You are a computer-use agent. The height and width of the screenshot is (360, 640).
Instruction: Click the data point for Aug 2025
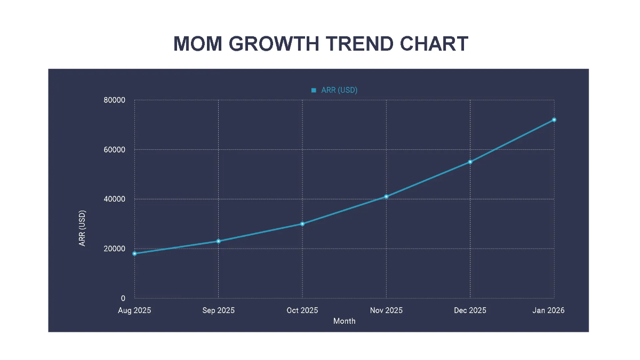click(134, 253)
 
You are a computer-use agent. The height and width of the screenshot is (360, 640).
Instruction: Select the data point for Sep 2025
click(218, 241)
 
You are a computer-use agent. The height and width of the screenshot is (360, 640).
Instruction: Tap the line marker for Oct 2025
click(302, 224)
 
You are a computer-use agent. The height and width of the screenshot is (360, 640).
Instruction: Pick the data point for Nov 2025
click(386, 197)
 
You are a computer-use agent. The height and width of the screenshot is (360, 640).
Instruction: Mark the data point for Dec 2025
click(470, 162)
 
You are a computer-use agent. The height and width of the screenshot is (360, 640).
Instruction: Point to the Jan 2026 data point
click(554, 119)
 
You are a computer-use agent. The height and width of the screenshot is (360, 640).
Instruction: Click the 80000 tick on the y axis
click(114, 100)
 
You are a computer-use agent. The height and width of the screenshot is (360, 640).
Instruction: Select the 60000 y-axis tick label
click(114, 150)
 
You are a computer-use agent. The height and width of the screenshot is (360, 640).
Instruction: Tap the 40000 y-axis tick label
click(114, 199)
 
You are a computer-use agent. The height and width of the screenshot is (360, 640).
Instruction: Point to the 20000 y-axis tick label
click(114, 249)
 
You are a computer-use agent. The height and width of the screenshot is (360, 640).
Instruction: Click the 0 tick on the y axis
click(123, 299)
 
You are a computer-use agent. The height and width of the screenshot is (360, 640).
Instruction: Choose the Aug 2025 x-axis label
click(134, 310)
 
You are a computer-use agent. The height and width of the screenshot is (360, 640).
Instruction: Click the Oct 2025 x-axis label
click(302, 310)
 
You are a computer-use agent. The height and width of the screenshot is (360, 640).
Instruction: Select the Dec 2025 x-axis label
click(470, 310)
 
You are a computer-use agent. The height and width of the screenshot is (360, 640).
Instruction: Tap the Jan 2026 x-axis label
click(548, 310)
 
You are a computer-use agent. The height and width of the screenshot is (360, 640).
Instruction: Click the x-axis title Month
click(344, 321)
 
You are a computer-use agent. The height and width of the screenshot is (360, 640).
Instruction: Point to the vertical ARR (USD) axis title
click(83, 228)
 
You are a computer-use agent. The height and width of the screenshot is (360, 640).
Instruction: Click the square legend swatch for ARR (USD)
click(314, 90)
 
